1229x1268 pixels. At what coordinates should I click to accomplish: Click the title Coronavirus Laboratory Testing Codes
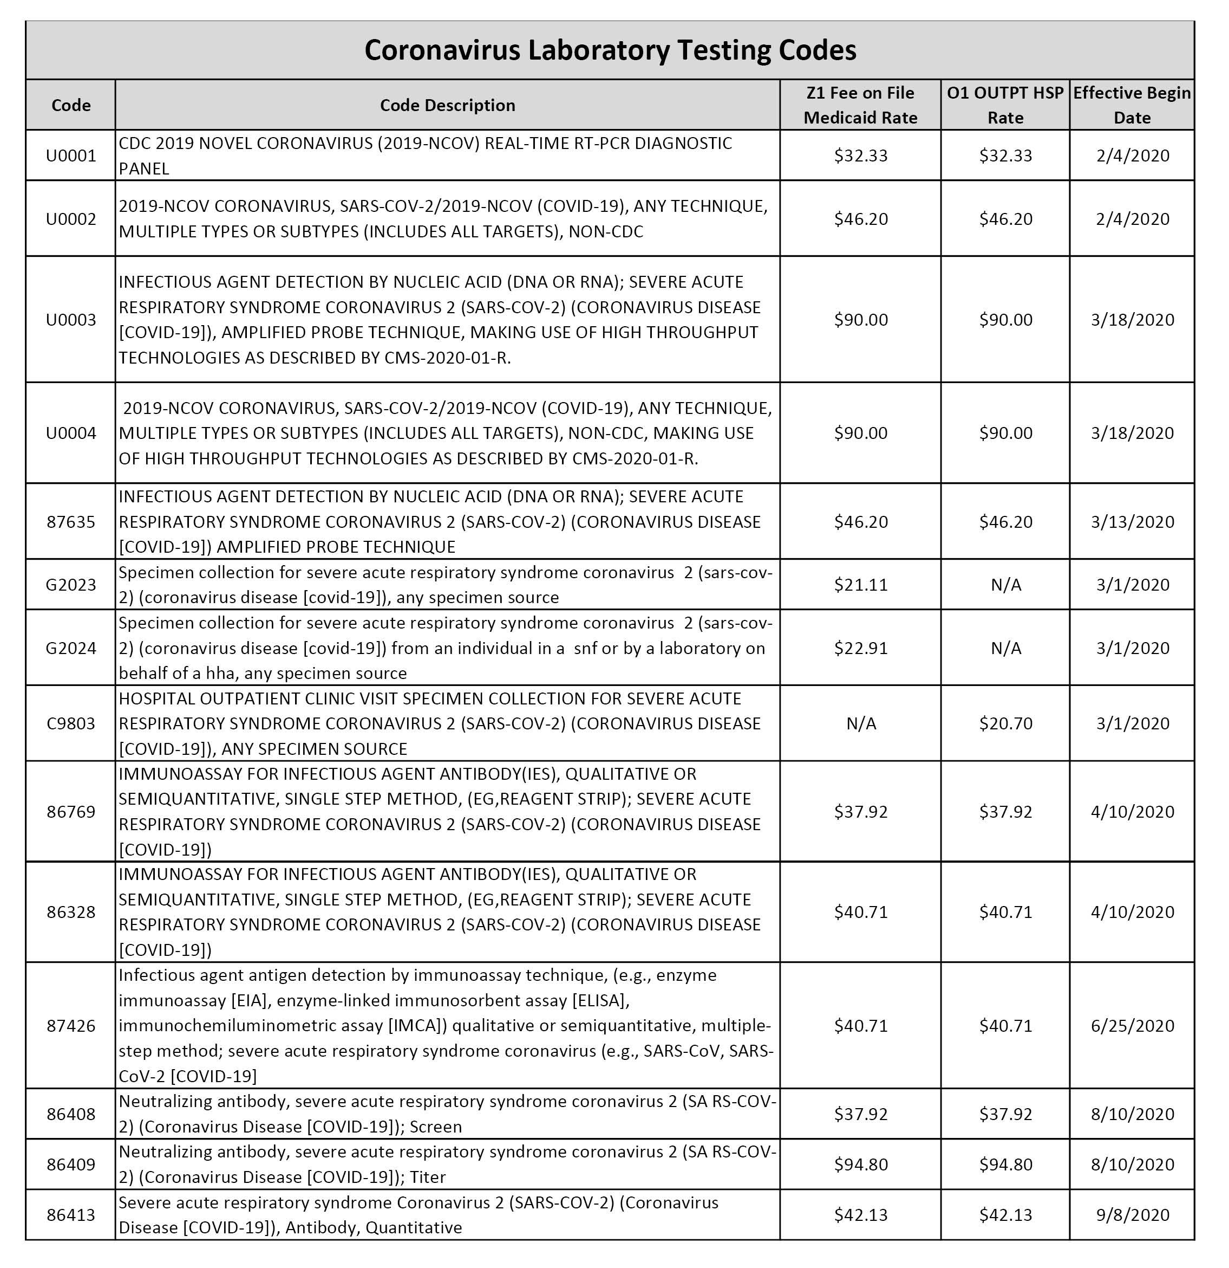point(610,50)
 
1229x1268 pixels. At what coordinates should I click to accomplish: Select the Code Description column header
point(447,105)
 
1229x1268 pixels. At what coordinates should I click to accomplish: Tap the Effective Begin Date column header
point(1132,105)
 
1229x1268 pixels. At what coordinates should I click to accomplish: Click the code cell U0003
point(70,320)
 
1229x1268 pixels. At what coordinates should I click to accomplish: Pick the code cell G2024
point(70,648)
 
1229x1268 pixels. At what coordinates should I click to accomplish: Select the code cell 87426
point(70,1025)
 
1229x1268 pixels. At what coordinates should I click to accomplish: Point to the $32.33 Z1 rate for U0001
point(860,156)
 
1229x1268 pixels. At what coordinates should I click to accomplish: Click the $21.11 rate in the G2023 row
point(860,584)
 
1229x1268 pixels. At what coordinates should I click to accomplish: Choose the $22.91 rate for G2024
point(860,648)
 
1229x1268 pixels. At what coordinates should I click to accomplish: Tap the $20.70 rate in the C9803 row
point(1005,723)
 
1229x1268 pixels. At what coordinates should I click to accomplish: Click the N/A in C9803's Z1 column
point(860,723)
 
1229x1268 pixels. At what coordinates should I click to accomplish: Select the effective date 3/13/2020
point(1132,521)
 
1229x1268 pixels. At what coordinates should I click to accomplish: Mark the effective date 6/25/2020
point(1132,1025)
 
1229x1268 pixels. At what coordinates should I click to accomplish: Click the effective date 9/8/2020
point(1132,1214)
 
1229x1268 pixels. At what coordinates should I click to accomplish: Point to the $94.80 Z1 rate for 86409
point(860,1164)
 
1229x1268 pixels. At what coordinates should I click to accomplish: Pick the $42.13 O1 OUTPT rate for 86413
point(1005,1214)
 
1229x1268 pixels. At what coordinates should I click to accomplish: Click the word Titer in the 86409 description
point(427,1177)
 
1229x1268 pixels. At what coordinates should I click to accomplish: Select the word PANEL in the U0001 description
point(143,168)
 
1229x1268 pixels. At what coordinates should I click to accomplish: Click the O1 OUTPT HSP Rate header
point(1005,105)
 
